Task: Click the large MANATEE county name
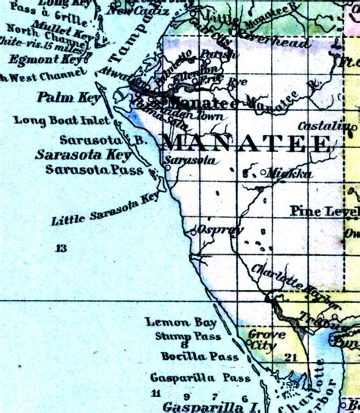point(247,143)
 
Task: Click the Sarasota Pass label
point(93,170)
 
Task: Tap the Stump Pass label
point(188,336)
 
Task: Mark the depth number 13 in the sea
point(61,247)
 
